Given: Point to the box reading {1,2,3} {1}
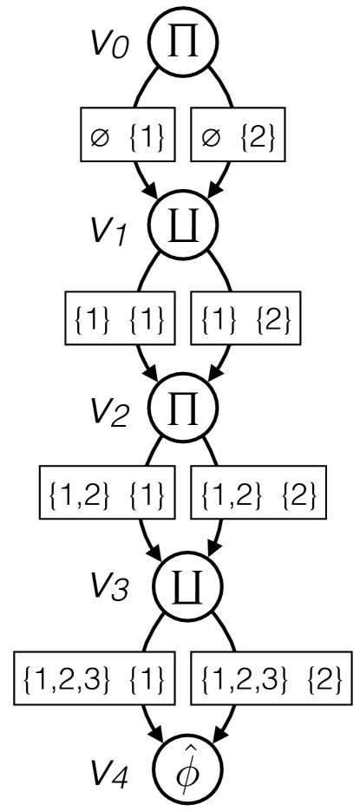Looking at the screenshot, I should tap(95, 676).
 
